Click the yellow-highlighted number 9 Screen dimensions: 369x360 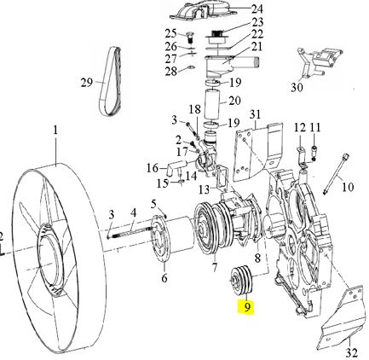(247, 307)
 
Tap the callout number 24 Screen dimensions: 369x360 (257, 9)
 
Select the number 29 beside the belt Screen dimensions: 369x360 (87, 83)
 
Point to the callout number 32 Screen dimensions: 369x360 (352, 352)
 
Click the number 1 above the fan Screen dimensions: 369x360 (55, 131)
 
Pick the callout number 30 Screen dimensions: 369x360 (297, 87)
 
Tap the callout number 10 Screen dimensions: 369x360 (348, 187)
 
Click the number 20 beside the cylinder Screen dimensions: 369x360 (234, 101)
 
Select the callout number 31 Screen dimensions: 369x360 (255, 114)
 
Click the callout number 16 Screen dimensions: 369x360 (153, 168)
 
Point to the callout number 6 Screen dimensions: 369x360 (164, 278)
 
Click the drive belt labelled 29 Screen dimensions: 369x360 (111, 81)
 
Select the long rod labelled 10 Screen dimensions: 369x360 (335, 173)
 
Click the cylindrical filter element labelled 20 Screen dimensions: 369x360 (213, 103)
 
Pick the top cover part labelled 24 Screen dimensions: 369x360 (204, 11)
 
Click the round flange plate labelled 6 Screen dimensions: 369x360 (160, 238)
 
